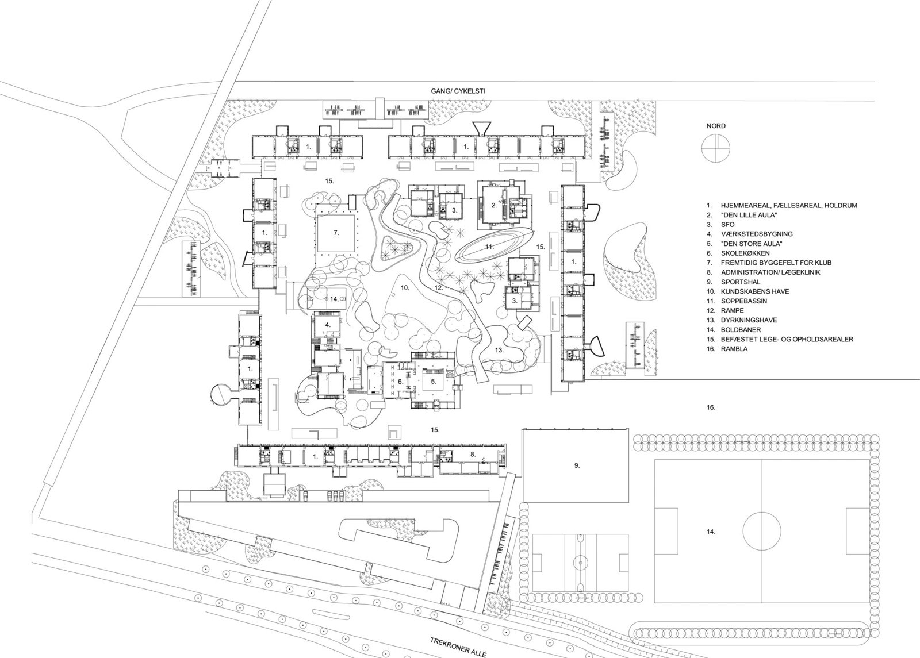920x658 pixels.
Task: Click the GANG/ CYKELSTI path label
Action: [458, 91]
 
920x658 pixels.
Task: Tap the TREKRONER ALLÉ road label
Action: [458, 648]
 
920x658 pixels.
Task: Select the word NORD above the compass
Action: [716, 126]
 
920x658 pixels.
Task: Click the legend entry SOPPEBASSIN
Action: [742, 301]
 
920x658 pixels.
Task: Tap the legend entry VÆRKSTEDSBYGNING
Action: [757, 234]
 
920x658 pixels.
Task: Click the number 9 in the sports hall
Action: [577, 465]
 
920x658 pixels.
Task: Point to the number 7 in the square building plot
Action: [336, 233]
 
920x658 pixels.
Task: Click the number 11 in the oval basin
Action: [489, 247]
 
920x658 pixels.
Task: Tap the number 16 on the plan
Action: [711, 407]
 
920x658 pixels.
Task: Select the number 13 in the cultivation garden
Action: [499, 350]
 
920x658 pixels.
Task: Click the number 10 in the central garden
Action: [405, 288]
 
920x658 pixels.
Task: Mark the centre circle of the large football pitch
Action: [762, 531]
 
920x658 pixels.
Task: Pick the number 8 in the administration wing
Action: [473, 455]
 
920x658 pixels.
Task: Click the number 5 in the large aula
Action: [434, 382]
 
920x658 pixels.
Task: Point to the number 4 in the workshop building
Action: [327, 325]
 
